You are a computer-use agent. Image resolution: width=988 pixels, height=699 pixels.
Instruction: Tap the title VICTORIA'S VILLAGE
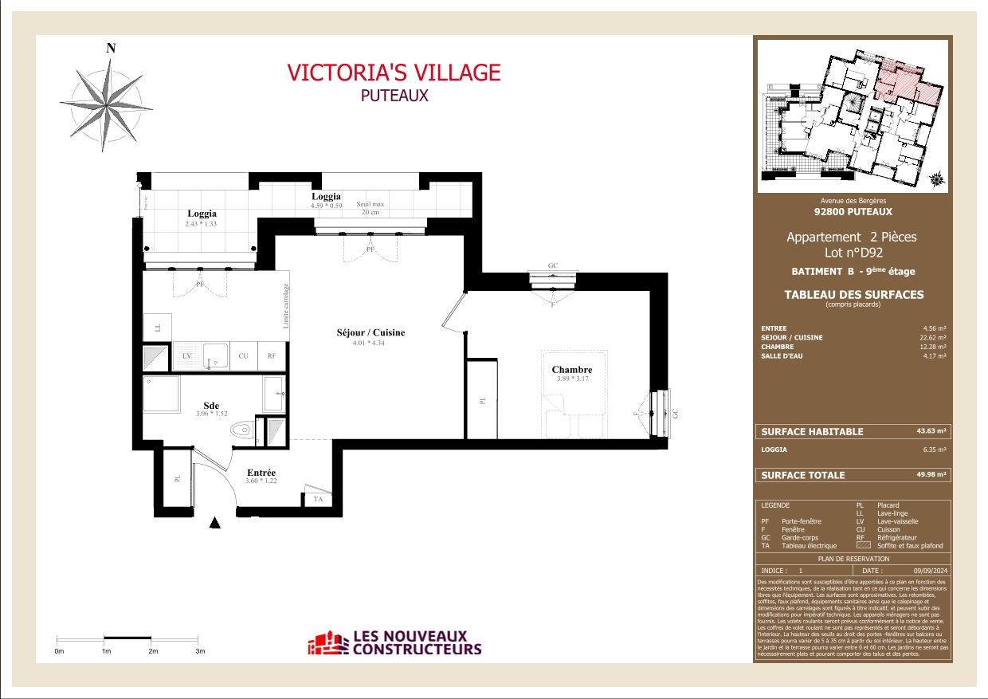coord(394,73)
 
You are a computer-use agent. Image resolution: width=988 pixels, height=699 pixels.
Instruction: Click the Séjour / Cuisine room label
coord(370,332)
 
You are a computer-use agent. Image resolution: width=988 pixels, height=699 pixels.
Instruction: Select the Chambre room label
coord(571,370)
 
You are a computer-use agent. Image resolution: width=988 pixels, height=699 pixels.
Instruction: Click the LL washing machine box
coord(156,327)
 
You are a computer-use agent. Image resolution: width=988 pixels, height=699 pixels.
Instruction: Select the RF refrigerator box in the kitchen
coord(272,356)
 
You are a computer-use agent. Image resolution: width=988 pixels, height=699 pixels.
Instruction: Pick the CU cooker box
coord(243,356)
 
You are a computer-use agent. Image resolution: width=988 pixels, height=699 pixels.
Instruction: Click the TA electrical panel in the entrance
coord(317,499)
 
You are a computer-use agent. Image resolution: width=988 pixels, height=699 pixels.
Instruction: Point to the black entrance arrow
coord(214,523)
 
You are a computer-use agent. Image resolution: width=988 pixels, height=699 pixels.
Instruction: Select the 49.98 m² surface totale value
coord(931,474)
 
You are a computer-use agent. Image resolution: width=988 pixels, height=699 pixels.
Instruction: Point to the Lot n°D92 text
coord(852,253)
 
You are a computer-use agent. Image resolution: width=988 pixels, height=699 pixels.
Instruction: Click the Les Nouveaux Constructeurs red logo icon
coord(328,643)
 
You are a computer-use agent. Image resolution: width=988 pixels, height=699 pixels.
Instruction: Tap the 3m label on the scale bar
coord(200,651)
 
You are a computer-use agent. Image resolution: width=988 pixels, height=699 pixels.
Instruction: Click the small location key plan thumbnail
coord(853,116)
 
